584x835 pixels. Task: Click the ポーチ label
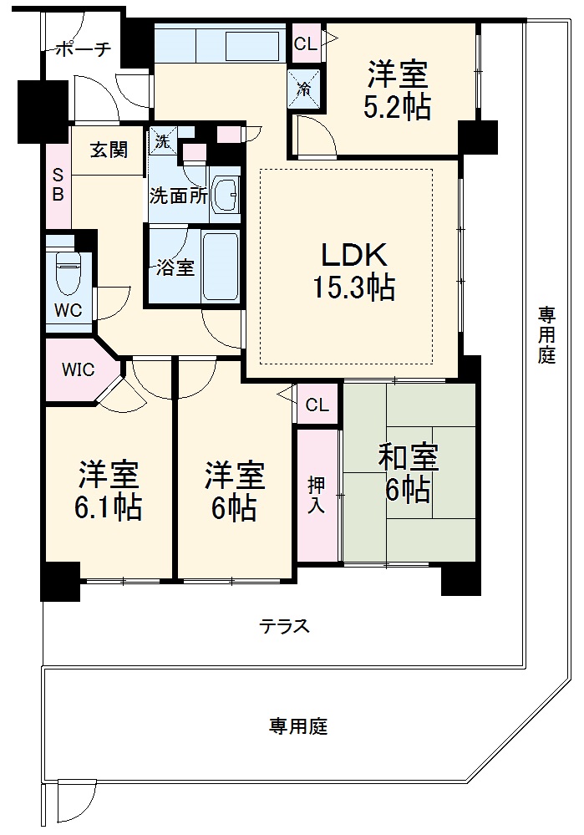84,49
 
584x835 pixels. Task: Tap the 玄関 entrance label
109,150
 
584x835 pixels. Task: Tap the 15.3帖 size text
353,288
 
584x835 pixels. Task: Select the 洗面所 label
178,196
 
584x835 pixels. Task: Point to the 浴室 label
175,268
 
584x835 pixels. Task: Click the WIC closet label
78,369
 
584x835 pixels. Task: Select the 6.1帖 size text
109,508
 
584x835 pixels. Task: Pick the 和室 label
409,458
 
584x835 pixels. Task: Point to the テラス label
285,626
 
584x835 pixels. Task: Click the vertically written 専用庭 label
546,334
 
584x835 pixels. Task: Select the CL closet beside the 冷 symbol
306,44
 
